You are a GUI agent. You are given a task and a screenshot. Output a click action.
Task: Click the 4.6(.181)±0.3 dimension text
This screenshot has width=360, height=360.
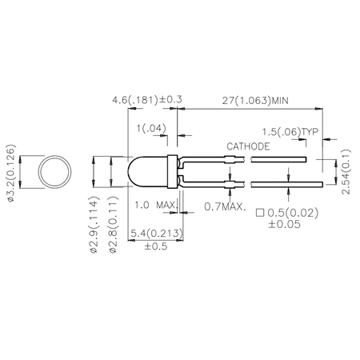click(x=148, y=100)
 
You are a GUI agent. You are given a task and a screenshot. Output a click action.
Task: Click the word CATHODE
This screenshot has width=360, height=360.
click(x=248, y=147)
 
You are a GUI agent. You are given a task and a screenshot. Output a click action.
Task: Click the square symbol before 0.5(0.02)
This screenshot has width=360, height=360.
click(x=259, y=214)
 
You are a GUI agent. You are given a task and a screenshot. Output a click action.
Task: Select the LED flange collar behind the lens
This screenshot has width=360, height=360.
click(x=171, y=170)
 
